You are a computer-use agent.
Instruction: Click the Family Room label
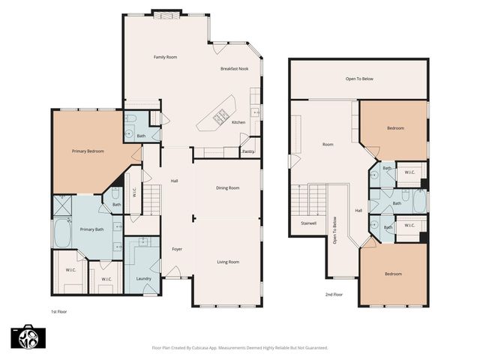(x=165, y=57)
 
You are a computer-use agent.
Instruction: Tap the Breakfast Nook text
(x=233, y=69)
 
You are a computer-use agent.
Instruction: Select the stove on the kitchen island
(x=221, y=116)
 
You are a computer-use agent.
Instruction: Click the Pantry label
(x=248, y=151)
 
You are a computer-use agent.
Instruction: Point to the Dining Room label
(x=227, y=187)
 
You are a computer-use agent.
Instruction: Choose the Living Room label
(x=227, y=262)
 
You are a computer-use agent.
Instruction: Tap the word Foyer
(x=177, y=249)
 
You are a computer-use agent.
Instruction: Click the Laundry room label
(x=144, y=279)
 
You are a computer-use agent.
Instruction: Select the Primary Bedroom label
(x=88, y=151)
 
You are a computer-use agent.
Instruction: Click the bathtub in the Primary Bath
(x=61, y=234)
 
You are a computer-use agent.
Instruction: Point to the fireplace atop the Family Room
(x=166, y=13)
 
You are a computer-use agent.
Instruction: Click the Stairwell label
(x=307, y=223)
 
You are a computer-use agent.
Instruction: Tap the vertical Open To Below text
(x=334, y=230)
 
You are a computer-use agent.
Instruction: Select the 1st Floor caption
(x=59, y=310)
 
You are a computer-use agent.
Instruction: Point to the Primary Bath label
(x=92, y=229)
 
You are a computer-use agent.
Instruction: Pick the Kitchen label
(x=238, y=122)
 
